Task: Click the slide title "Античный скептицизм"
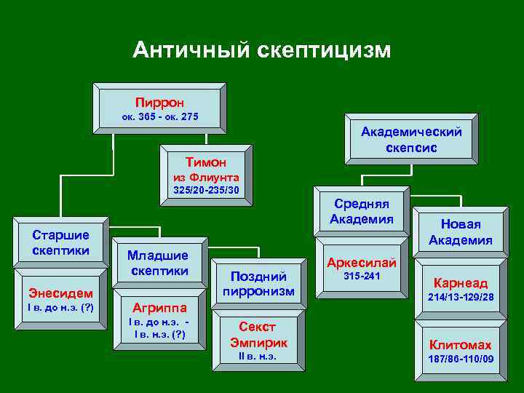(x=262, y=49)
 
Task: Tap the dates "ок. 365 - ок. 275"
(x=159, y=117)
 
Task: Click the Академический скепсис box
(x=411, y=139)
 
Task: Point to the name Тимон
(x=206, y=162)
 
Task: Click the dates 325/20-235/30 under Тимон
(x=206, y=190)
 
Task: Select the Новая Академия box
(x=460, y=232)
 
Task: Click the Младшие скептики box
(x=158, y=263)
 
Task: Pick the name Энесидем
(x=60, y=292)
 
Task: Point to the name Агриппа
(x=158, y=306)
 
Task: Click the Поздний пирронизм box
(x=258, y=283)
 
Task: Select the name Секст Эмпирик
(x=258, y=334)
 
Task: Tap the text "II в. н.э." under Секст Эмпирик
(x=258, y=357)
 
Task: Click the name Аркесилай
(x=362, y=262)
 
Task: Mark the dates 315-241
(x=362, y=277)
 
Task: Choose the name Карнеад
(x=461, y=283)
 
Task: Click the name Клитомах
(x=461, y=345)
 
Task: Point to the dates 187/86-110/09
(x=461, y=360)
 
